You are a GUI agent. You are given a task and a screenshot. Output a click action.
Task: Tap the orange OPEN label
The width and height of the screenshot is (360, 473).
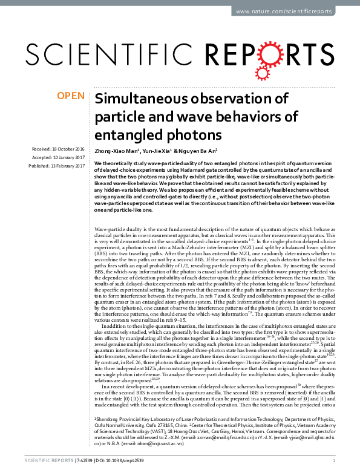coord(70,96)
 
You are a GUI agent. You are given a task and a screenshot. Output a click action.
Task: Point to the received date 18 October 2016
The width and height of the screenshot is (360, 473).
coord(66,149)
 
